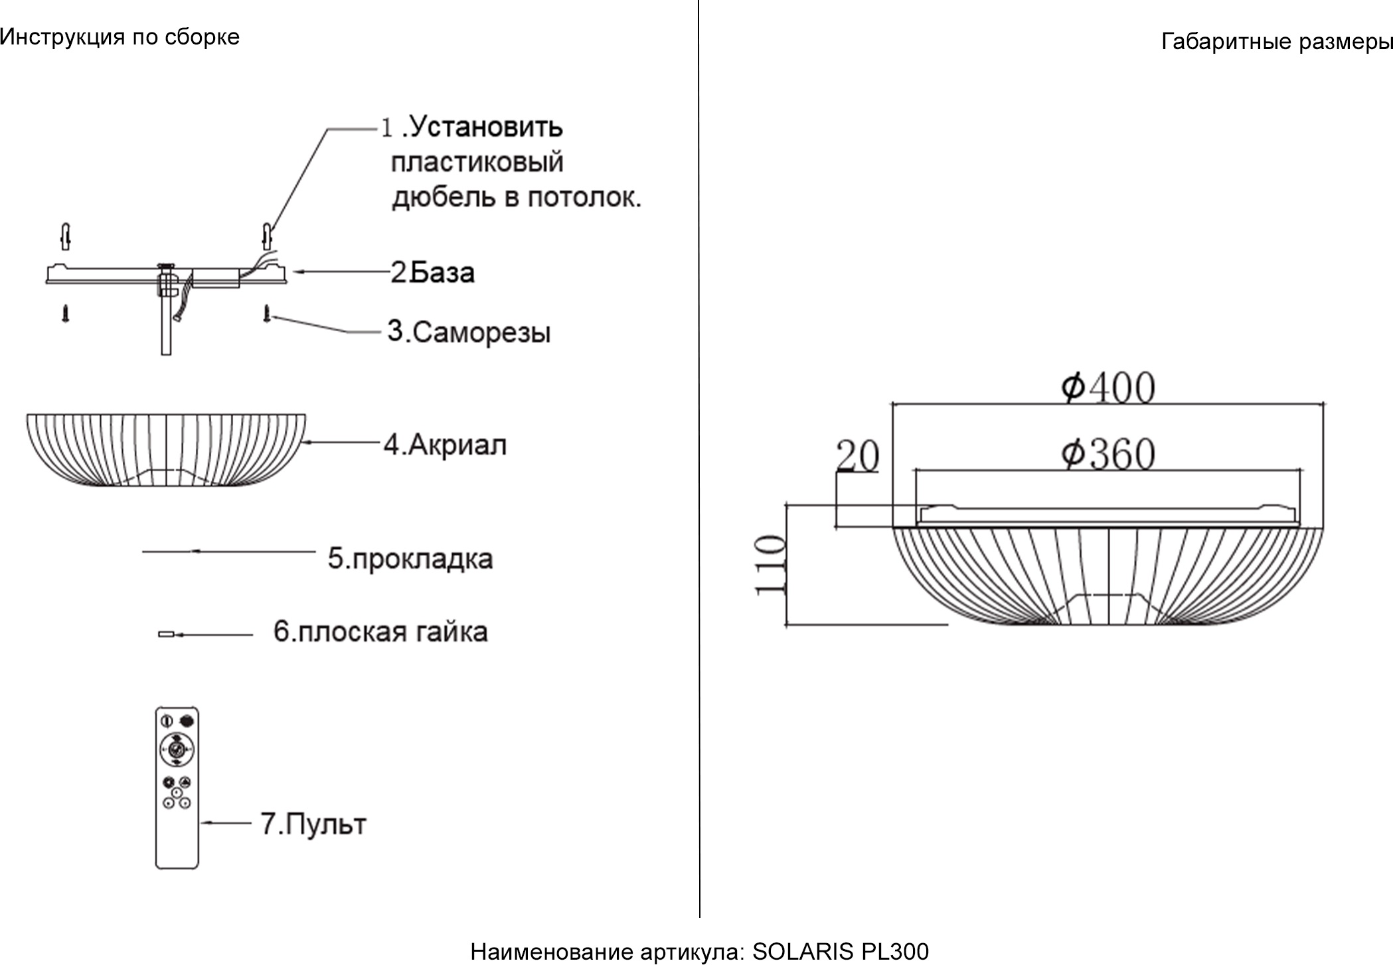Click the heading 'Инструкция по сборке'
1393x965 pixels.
[x=120, y=37]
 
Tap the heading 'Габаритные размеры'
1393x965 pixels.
[x=1276, y=42]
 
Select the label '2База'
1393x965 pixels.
[x=432, y=272]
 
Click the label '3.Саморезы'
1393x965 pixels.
[x=469, y=331]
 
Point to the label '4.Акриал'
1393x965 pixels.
[x=445, y=444]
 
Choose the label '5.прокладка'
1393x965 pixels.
[x=410, y=558]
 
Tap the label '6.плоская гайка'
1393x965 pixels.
[x=380, y=631]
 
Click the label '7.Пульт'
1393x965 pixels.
[x=313, y=824]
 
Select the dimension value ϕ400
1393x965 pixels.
[x=1107, y=388]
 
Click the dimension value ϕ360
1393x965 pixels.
[x=1107, y=455]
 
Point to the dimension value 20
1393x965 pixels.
[x=857, y=456]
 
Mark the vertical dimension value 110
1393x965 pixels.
[x=770, y=565]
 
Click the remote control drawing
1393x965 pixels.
[x=177, y=788]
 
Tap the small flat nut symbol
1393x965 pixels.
[x=165, y=634]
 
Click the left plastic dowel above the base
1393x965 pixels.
[x=65, y=236]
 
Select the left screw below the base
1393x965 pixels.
[x=65, y=313]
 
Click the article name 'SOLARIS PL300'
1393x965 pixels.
[x=840, y=952]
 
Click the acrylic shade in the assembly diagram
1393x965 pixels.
[x=166, y=450]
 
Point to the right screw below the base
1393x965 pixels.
[x=267, y=313]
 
